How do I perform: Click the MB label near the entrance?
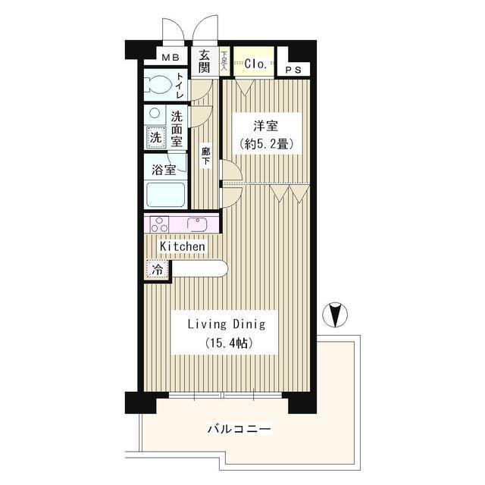point(169,56)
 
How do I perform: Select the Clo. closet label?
point(255,64)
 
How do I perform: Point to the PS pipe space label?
point(293,70)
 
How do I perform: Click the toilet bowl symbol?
point(158,84)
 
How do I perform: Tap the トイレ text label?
point(180,86)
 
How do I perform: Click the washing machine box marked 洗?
point(155,138)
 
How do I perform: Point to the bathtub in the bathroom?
point(164,196)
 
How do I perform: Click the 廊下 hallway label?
point(205,156)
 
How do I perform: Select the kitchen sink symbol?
point(198,224)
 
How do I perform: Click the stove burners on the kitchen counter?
point(159,224)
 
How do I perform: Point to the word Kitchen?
point(182,246)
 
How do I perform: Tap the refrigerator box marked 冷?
point(158,270)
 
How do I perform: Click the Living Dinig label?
point(227,324)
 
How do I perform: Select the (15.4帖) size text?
point(227,343)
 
